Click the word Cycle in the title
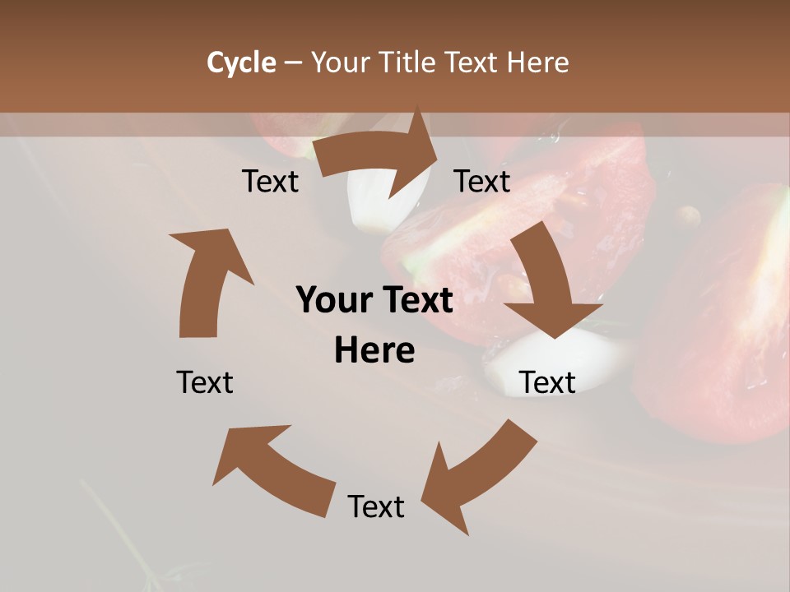[x=241, y=62]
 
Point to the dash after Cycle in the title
[x=293, y=63]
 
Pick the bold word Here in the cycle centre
[x=374, y=350]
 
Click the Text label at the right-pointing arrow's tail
[x=270, y=181]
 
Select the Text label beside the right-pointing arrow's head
[x=482, y=181]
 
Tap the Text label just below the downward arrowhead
[x=547, y=382]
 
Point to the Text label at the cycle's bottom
[x=376, y=506]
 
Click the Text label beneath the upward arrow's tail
[x=205, y=382]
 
